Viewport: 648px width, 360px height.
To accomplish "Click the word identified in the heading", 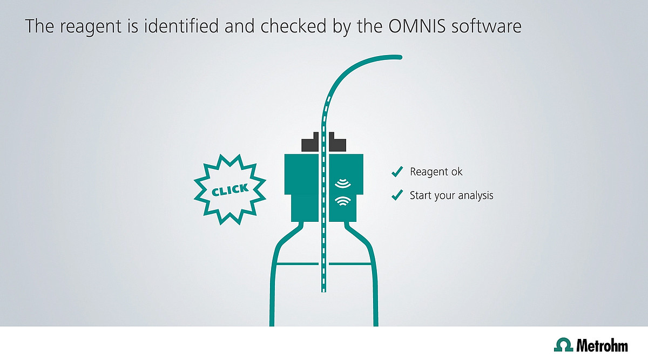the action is point(181,26).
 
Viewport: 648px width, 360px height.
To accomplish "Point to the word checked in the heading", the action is point(294,26).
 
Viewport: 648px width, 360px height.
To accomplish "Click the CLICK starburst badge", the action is point(230,189).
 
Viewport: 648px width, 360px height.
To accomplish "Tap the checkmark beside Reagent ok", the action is point(397,172).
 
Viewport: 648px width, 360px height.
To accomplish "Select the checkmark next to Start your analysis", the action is point(397,195).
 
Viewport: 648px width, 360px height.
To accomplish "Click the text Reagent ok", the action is point(436,172).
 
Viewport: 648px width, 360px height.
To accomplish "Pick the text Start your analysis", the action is point(451,195).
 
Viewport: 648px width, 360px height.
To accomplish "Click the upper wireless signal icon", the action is point(343,184).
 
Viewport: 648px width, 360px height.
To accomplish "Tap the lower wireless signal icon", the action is point(343,201).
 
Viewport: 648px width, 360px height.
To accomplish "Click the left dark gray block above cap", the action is point(310,142).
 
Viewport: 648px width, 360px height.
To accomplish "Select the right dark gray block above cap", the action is point(337,142).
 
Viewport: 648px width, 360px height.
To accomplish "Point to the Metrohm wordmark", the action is point(602,345).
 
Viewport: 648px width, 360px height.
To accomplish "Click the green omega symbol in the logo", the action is point(564,344).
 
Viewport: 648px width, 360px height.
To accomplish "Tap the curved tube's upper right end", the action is point(400,57).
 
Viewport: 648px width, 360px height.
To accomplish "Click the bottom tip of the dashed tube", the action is point(323,290).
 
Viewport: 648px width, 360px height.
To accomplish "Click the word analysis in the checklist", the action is point(476,195).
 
